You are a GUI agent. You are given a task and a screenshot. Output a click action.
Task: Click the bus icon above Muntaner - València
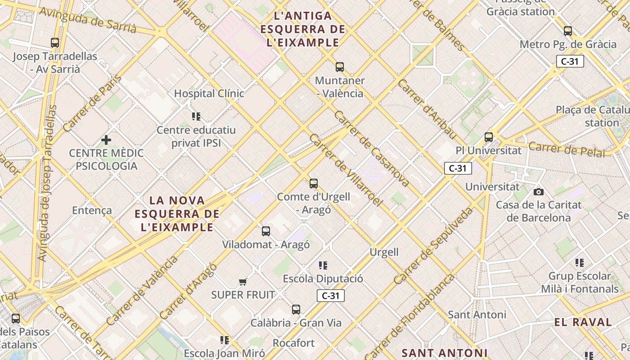click(x=340, y=67)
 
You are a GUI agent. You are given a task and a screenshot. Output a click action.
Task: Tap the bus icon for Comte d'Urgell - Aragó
click(x=314, y=184)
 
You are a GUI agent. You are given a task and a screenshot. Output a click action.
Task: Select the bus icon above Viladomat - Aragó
click(x=266, y=231)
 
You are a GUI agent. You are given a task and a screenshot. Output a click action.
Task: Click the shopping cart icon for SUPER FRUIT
click(x=243, y=282)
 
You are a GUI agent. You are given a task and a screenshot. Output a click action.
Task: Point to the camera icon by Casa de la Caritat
click(x=538, y=192)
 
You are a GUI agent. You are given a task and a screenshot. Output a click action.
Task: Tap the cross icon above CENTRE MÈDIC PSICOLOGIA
click(x=106, y=140)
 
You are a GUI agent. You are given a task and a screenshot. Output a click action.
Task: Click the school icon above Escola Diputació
click(x=323, y=265)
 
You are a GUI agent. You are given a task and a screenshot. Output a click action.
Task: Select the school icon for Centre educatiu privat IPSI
click(x=196, y=117)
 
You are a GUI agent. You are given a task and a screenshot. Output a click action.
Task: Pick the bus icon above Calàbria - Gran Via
click(x=296, y=310)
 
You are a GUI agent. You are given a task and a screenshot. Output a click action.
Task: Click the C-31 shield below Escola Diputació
click(x=331, y=296)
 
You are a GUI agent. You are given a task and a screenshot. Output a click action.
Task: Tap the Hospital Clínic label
click(x=209, y=94)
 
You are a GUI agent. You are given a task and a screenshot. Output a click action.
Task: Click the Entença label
click(x=92, y=210)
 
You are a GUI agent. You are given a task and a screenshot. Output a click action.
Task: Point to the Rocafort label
click(x=294, y=343)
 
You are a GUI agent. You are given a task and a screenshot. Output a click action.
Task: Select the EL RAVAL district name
click(x=583, y=322)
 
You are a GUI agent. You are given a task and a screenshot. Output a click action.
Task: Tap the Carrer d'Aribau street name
click(x=427, y=110)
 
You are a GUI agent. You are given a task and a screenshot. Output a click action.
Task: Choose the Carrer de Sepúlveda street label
click(x=434, y=246)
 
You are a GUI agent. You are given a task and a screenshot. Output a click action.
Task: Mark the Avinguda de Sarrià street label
click(x=88, y=20)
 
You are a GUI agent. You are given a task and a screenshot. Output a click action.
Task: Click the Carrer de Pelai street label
click(x=567, y=149)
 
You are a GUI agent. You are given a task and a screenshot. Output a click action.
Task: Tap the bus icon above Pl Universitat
click(x=489, y=137)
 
